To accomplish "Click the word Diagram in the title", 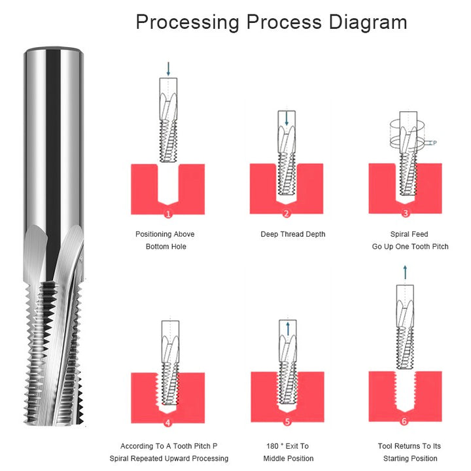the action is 368,22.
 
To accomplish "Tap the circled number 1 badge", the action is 168,214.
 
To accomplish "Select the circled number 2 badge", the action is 287,213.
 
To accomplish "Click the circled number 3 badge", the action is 406,213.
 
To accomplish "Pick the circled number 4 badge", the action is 168,423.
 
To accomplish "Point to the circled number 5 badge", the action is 287,422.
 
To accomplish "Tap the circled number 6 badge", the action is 404,421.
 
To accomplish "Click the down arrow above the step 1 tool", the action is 168,69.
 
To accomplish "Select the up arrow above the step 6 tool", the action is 405,272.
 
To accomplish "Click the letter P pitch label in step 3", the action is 434,143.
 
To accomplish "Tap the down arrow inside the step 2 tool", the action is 287,118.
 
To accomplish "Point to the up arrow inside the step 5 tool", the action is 288,329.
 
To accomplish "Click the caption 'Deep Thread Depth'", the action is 293,234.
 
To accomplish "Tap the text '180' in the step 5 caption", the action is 272,446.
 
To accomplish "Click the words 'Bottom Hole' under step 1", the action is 166,247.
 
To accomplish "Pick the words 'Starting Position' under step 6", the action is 410,459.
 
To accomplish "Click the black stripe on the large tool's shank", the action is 53,162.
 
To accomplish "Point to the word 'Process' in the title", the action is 284,22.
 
